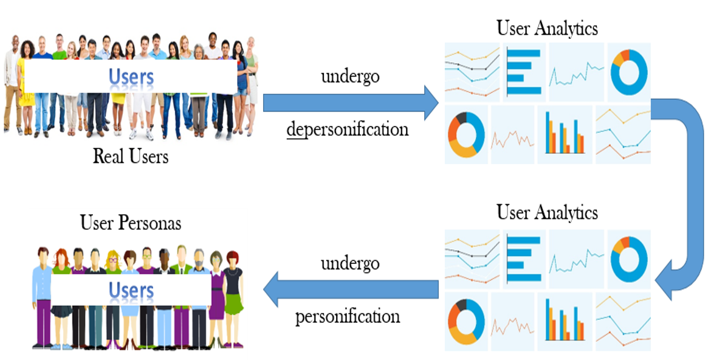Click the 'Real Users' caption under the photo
(x=130, y=157)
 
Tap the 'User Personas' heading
(x=130, y=223)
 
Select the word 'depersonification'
(x=348, y=129)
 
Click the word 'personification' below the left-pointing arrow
(x=348, y=316)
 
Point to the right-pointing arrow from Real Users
(x=350, y=103)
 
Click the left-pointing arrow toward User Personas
(x=350, y=289)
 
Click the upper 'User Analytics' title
(x=547, y=29)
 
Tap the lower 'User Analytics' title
(x=547, y=212)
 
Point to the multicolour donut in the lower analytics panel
(x=466, y=320)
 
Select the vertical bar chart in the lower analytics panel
(x=564, y=320)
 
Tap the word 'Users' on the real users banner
(x=131, y=77)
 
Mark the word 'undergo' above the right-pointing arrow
(x=350, y=77)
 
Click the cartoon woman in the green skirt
(x=233, y=298)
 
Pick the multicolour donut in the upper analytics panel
(x=466, y=134)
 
